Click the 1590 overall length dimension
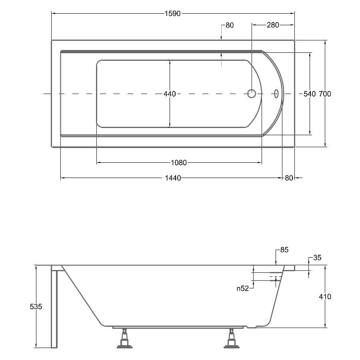click(173, 14)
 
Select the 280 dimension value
click(273, 25)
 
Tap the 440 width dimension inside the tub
click(170, 94)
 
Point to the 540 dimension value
click(310, 94)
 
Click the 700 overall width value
click(325, 94)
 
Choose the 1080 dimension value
click(179, 163)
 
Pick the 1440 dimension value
click(173, 178)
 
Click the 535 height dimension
click(36, 306)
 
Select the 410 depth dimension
click(325, 297)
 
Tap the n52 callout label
click(243, 288)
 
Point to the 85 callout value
click(284, 250)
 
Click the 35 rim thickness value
click(317, 258)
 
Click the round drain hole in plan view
click(252, 94)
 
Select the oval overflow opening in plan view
click(276, 94)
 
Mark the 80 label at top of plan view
click(230, 25)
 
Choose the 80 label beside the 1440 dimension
click(289, 178)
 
